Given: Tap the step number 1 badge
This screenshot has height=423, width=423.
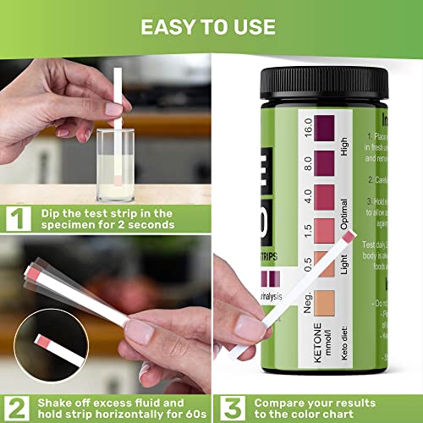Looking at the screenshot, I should pos(16,220).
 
